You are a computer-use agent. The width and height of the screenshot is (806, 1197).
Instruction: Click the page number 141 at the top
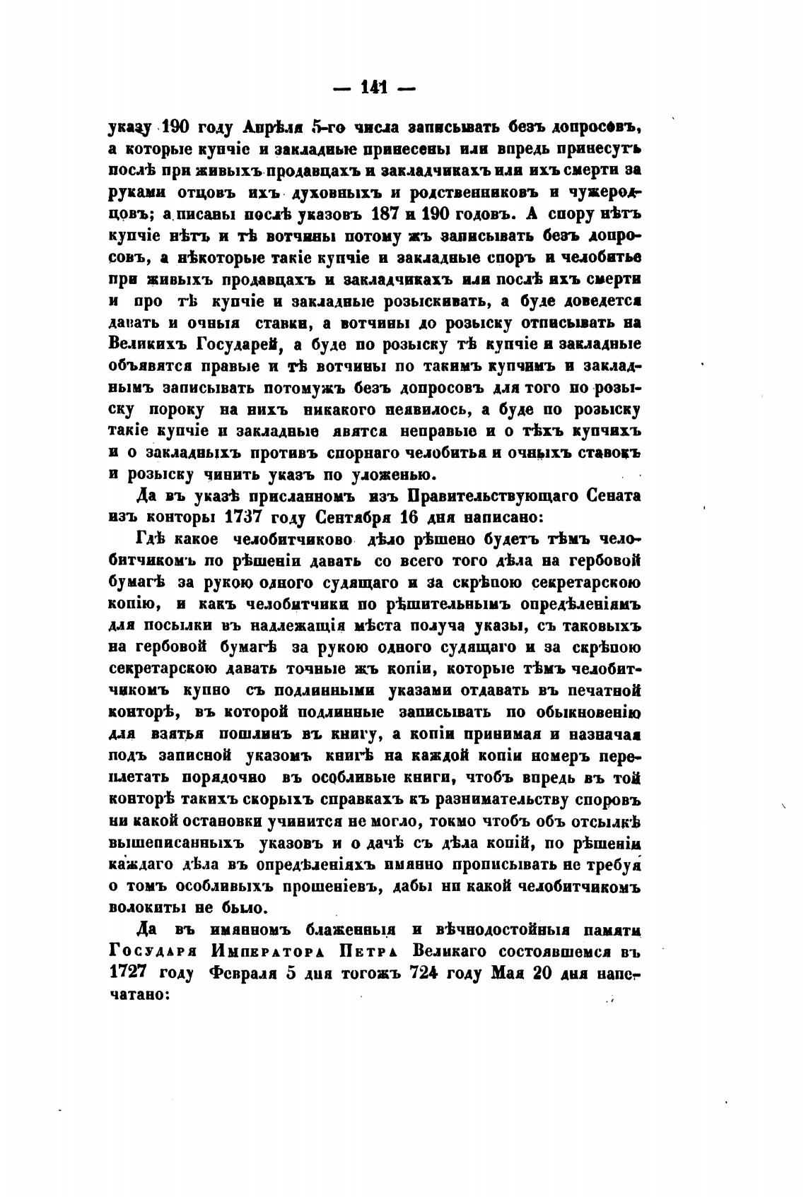pyautogui.click(x=375, y=88)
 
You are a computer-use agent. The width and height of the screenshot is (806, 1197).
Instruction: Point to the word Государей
pyautogui.click(x=236, y=345)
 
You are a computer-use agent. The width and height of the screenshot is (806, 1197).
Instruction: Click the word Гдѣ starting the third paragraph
pyautogui.click(x=150, y=540)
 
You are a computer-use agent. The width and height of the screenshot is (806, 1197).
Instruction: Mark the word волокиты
pyautogui.click(x=146, y=907)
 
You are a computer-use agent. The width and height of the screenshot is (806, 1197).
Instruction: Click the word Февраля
pyautogui.click(x=242, y=972)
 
